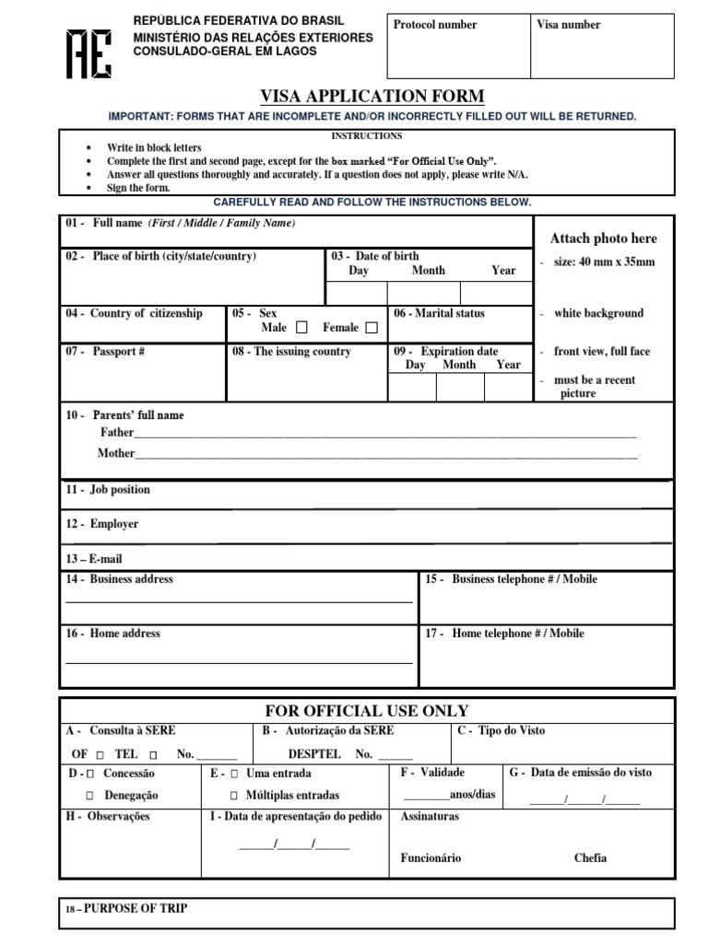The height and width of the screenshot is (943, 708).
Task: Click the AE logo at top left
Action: click(88, 51)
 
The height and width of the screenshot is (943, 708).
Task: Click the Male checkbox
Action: click(301, 328)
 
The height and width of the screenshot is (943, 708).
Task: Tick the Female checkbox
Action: click(372, 328)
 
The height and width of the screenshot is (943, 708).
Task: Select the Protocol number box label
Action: click(435, 25)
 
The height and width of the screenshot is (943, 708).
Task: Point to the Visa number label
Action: click(568, 25)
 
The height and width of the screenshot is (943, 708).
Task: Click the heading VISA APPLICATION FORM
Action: click(373, 97)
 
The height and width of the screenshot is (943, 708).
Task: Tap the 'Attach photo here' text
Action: click(603, 239)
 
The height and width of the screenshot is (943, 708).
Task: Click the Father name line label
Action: click(117, 432)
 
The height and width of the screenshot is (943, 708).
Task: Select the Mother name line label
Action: click(116, 453)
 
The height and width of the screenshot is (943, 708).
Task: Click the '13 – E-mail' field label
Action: click(93, 559)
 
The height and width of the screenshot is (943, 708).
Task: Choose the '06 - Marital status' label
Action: click(439, 313)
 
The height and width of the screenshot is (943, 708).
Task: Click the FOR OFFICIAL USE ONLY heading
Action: click(367, 710)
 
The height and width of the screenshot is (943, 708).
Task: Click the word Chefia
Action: click(590, 858)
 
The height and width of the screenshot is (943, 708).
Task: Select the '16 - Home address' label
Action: click(112, 634)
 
